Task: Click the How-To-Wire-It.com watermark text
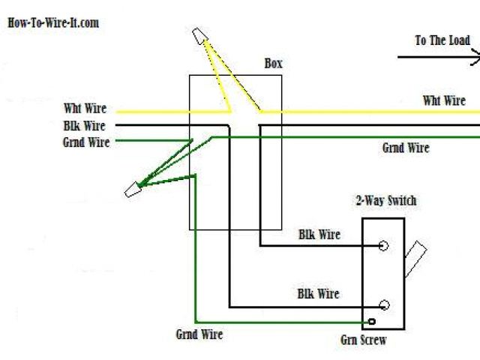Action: click(52, 22)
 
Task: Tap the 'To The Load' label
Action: click(442, 40)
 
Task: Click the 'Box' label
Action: click(274, 64)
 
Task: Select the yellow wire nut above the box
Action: click(199, 35)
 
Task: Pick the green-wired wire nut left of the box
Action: click(133, 189)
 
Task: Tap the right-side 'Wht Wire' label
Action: click(444, 100)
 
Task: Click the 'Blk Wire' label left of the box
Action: click(84, 126)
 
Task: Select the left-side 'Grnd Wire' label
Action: click(86, 141)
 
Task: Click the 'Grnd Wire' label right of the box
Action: click(406, 148)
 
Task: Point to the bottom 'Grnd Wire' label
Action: click(199, 334)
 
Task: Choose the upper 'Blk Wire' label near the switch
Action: click(319, 235)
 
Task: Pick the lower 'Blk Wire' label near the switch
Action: click(318, 294)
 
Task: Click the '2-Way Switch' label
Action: click(385, 200)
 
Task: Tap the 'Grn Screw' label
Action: click(363, 340)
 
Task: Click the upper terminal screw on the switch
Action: click(384, 245)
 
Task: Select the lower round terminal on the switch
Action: click(384, 304)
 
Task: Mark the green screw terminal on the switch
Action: click(372, 323)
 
